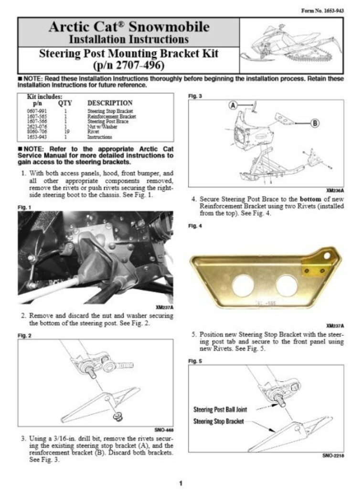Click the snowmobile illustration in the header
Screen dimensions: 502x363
pyautogui.click(x=291, y=45)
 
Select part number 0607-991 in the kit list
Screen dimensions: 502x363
pyautogui.click(x=36, y=111)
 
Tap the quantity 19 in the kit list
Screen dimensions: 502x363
pyautogui.click(x=64, y=132)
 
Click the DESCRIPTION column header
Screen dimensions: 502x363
pyautogui.click(x=110, y=103)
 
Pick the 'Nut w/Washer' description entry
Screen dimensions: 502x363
pyautogui.click(x=101, y=127)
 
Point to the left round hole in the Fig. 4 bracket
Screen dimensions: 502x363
pyautogui.click(x=244, y=285)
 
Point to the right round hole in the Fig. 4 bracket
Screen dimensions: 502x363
pyautogui.click(x=286, y=285)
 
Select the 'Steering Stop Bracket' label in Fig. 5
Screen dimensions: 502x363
pyautogui.click(x=219, y=421)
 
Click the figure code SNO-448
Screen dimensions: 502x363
pyautogui.click(x=164, y=429)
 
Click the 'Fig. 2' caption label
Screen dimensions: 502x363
pyautogui.click(x=24, y=335)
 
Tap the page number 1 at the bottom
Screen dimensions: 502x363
pyautogui.click(x=181, y=484)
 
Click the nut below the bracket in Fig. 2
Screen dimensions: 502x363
pyautogui.click(x=116, y=418)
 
